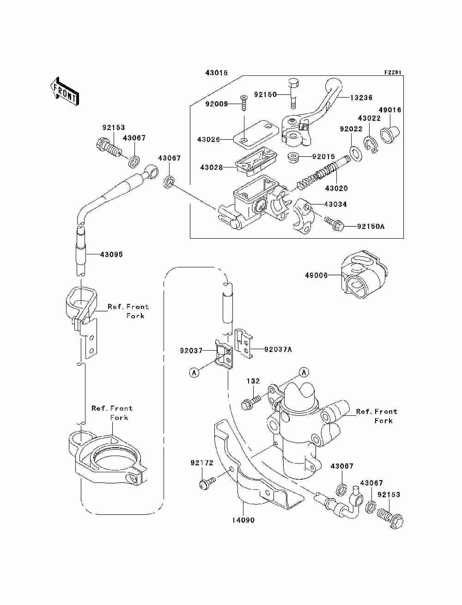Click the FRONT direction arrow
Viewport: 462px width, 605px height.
65,91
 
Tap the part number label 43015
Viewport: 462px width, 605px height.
216,73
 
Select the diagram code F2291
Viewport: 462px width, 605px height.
393,73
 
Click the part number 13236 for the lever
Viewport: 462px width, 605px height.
361,98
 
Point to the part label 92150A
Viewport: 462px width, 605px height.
371,227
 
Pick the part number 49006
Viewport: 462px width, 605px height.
316,275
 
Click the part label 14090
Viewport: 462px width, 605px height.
243,520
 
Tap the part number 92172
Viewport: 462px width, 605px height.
202,463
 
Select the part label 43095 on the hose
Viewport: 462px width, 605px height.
111,254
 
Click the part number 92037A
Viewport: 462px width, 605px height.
278,350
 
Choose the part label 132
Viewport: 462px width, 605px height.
253,381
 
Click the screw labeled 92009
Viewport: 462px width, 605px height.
244,103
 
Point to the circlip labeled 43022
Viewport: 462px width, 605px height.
371,144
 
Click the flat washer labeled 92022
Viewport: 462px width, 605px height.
356,153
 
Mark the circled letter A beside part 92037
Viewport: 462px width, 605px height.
194,373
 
